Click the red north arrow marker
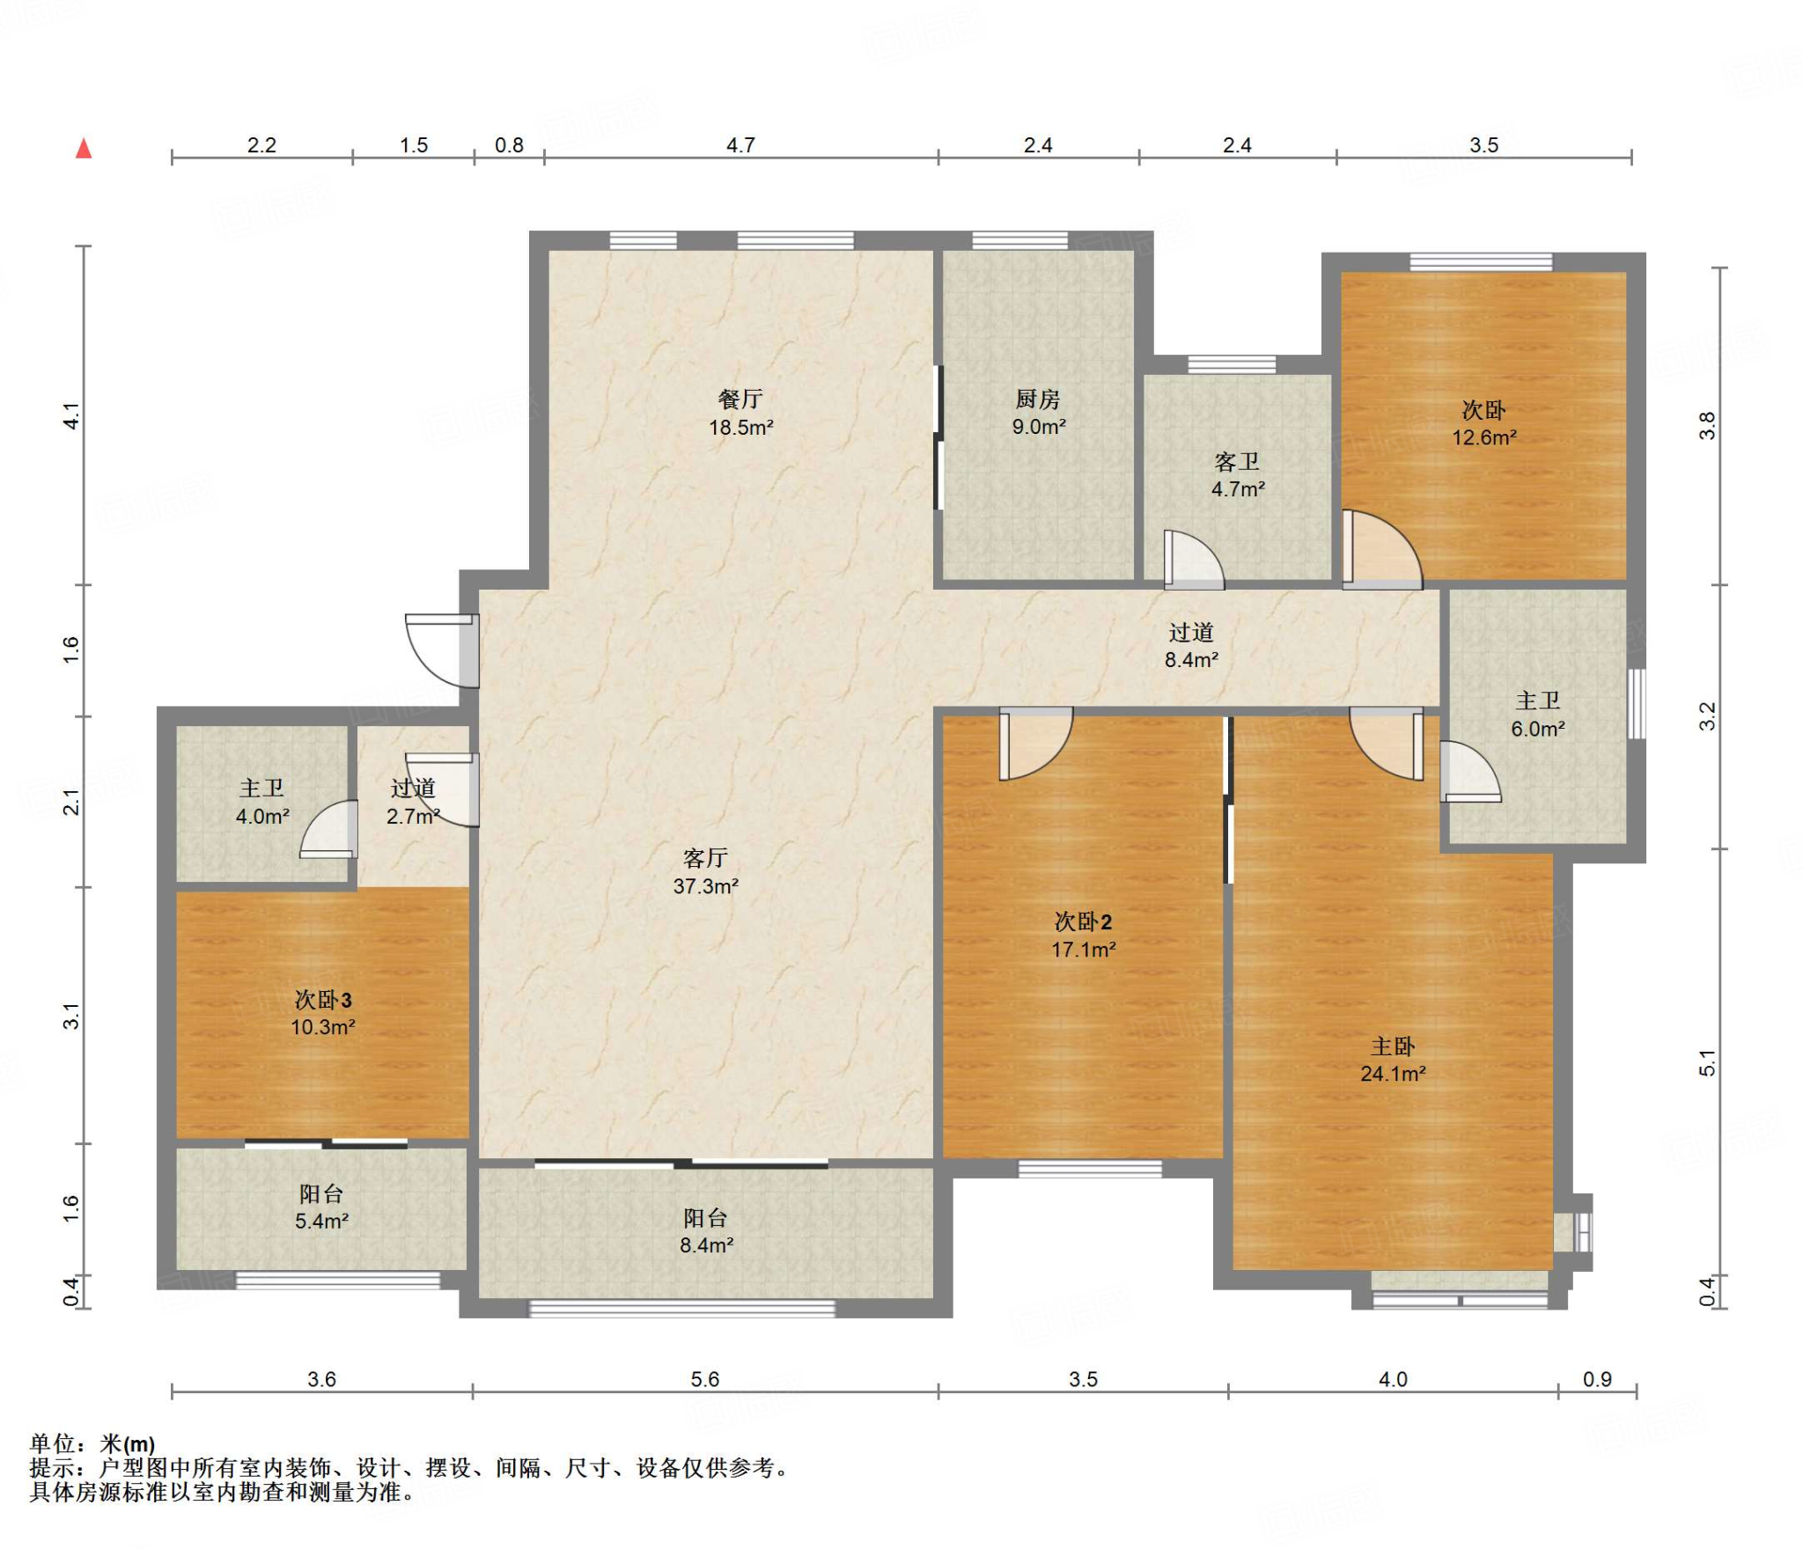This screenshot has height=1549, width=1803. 84,148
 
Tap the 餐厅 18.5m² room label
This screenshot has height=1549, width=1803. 741,413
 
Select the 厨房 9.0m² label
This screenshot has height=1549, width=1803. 1039,413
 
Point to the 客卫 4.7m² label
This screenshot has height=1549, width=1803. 1238,475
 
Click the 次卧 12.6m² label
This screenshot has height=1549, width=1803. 1484,423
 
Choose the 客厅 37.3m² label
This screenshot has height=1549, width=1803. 706,872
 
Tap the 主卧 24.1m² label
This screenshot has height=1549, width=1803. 1394,1060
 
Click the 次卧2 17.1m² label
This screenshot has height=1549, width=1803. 1084,936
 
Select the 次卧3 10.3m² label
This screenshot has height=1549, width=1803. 323,1013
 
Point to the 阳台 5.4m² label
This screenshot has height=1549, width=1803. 321,1208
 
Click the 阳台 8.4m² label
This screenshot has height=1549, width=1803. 706,1231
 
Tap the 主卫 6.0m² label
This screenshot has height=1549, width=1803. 1538,715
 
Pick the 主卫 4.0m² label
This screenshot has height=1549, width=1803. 262,802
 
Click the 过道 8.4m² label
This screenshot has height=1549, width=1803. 1192,646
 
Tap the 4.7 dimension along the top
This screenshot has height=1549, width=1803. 741,145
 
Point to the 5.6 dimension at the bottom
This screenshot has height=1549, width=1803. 705,1379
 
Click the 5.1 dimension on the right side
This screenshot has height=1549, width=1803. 1707,1063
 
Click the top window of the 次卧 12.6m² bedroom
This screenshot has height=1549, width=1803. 1481,261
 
